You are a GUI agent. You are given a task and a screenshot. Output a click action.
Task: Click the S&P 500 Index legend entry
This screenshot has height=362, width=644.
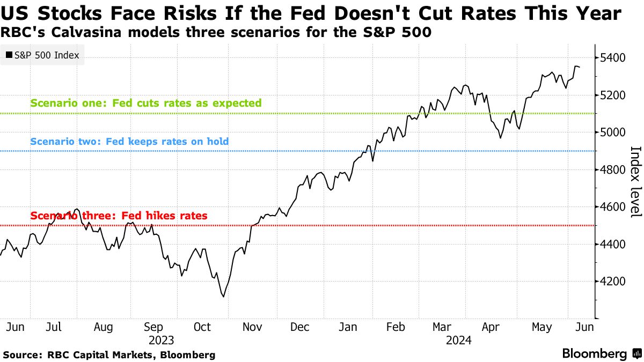coord(42,55)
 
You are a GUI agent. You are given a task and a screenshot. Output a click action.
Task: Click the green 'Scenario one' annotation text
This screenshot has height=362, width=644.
coord(146,103)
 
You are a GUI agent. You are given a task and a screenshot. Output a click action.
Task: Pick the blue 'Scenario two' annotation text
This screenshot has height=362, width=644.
coord(129,142)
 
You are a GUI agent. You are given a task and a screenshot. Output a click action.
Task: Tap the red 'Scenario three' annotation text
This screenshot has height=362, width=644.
coord(119,216)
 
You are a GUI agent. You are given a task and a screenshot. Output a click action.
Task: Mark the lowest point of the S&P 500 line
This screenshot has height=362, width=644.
coord(223,297)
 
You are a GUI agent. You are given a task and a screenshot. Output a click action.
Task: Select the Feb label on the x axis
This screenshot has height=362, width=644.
coord(396,326)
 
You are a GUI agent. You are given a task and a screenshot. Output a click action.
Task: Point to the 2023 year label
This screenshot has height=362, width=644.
coord(162,340)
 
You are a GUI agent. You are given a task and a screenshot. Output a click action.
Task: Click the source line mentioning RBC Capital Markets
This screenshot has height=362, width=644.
coord(109,354)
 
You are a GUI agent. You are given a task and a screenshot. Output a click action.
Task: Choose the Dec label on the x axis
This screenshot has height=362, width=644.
coord(300,326)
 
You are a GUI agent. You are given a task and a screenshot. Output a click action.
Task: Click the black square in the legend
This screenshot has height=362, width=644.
coord(9,55)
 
